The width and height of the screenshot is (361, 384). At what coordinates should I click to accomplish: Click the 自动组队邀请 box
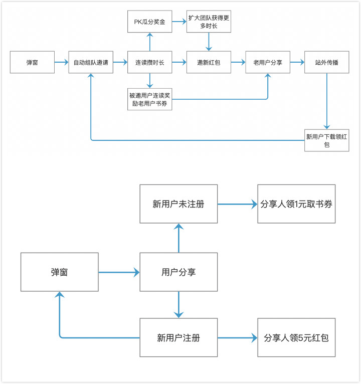tap(91, 63)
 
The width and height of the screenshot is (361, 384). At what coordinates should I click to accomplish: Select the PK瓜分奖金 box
tap(149, 22)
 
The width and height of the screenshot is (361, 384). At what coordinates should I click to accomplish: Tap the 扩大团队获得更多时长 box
tap(209, 22)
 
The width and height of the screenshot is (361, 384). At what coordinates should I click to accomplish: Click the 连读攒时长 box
tap(149, 63)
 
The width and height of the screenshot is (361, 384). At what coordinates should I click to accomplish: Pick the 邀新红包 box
tap(209, 63)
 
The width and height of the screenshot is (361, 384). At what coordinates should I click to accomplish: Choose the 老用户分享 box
tap(268, 63)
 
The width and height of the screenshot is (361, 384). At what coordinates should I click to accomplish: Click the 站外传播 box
tap(326, 63)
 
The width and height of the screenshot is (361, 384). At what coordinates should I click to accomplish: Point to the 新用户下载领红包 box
tap(326, 140)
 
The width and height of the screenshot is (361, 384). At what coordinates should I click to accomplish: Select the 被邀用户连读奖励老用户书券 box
tap(149, 99)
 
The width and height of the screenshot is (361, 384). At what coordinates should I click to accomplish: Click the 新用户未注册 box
tap(178, 204)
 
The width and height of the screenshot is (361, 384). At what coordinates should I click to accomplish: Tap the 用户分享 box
tap(178, 272)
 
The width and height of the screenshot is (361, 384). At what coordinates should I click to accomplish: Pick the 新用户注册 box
tap(178, 338)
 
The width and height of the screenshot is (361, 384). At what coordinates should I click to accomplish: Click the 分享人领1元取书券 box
tap(296, 204)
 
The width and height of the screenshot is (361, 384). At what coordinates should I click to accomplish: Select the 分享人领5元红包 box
tap(296, 338)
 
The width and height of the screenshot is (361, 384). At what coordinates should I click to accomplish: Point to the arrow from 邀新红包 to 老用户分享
tap(238, 63)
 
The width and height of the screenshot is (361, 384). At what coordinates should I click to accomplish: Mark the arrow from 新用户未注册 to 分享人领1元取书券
tap(237, 204)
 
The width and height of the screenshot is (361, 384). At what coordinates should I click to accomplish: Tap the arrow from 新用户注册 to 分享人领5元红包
tap(237, 338)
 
